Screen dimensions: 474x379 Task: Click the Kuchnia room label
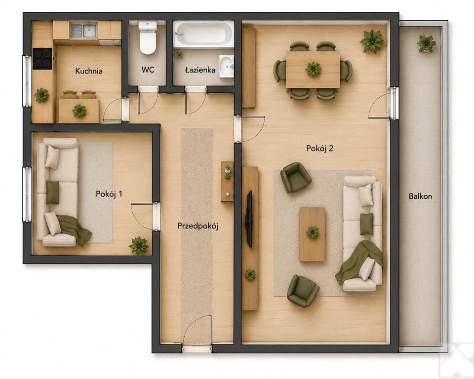pyautogui.click(x=88, y=71)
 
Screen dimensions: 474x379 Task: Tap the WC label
pyautogui.click(x=148, y=70)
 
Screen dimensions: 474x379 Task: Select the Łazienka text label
pyautogui.click(x=200, y=70)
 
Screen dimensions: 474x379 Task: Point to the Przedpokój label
pyautogui.click(x=197, y=226)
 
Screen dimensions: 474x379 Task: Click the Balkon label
pyautogui.click(x=420, y=196)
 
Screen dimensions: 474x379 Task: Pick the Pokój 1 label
pyautogui.click(x=109, y=194)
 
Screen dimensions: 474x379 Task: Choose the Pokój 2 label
pyautogui.click(x=319, y=149)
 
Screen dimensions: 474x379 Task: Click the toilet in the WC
pyautogui.click(x=148, y=38)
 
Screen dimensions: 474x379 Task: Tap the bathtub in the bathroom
pyautogui.click(x=204, y=34)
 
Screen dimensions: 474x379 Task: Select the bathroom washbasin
pyautogui.click(x=227, y=67)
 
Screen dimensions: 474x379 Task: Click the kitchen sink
pyautogui.click(x=84, y=30)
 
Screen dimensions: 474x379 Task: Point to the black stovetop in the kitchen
pyautogui.click(x=42, y=59)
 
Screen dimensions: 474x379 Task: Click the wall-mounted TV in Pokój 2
pyautogui.click(x=249, y=219)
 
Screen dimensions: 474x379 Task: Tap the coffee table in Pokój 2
pyautogui.click(x=312, y=234)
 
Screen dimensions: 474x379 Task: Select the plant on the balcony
pyautogui.click(x=426, y=43)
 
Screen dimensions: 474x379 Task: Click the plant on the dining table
pyautogui.click(x=313, y=69)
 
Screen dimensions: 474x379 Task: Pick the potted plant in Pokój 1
pyautogui.click(x=139, y=245)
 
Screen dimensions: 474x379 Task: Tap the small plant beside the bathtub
pyautogui.click(x=179, y=55)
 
